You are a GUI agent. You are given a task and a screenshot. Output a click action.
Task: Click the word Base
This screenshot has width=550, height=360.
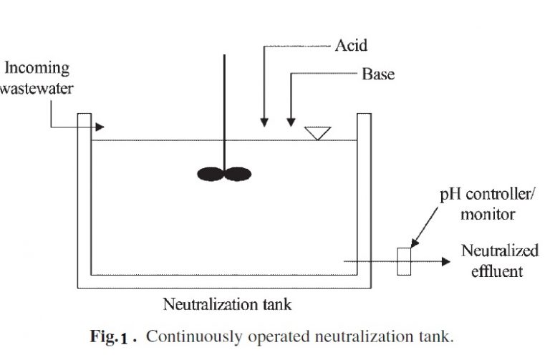tap(378, 74)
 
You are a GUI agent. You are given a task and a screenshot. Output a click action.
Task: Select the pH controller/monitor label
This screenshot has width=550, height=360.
tap(483, 204)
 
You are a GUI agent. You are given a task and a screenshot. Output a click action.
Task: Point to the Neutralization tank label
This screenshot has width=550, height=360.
tap(228, 305)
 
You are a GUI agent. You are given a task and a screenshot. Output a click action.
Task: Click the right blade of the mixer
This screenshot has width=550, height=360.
tap(238, 173)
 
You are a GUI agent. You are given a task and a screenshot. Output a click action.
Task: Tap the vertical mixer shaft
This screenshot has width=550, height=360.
tap(225, 107)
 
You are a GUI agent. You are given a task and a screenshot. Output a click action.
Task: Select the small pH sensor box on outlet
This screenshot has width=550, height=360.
tap(404, 261)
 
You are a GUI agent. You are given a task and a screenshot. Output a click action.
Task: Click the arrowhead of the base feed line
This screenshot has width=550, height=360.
tap(291, 122)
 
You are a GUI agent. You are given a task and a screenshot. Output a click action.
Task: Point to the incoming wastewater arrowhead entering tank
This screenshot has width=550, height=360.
tap(100, 127)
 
